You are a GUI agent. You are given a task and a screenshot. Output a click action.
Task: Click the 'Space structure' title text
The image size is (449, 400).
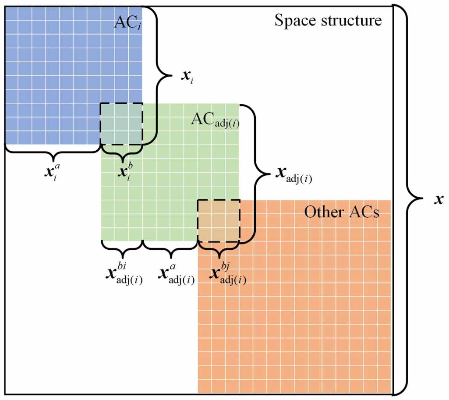tap(328, 21)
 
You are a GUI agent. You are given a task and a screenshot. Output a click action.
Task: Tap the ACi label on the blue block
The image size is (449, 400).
tap(128, 22)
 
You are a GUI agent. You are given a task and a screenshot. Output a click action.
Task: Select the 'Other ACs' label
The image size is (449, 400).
tap(342, 212)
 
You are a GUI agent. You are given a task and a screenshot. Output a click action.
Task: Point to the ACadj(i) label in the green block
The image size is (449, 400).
tap(215, 120)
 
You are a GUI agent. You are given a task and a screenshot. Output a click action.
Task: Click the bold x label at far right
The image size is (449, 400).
tap(438, 199)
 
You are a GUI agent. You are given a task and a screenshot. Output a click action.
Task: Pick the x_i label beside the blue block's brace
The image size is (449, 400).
tap(187, 76)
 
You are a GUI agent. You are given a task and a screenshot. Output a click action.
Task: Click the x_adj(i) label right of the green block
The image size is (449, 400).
tap(293, 175)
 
